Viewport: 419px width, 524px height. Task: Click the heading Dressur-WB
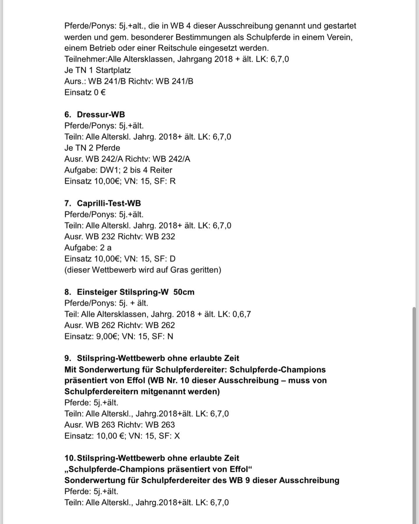coord(101,114)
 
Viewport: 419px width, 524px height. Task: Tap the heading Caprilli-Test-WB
coord(109,203)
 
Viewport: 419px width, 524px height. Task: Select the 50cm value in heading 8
coord(184,292)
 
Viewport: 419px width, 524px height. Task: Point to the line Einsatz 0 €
coord(85,92)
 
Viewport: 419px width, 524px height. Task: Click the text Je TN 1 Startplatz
coord(97,70)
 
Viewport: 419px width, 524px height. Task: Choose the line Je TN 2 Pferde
coord(92,148)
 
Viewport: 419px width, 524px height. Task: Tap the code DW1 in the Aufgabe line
coord(109,170)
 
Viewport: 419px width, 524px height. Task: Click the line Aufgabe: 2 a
coord(88,248)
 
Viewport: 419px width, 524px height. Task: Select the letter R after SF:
coord(173,181)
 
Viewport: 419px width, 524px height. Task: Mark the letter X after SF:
coord(177,436)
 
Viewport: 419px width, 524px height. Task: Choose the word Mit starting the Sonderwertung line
coord(70,369)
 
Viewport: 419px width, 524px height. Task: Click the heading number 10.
coord(70,458)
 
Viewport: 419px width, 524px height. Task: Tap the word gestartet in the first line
coord(340,26)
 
